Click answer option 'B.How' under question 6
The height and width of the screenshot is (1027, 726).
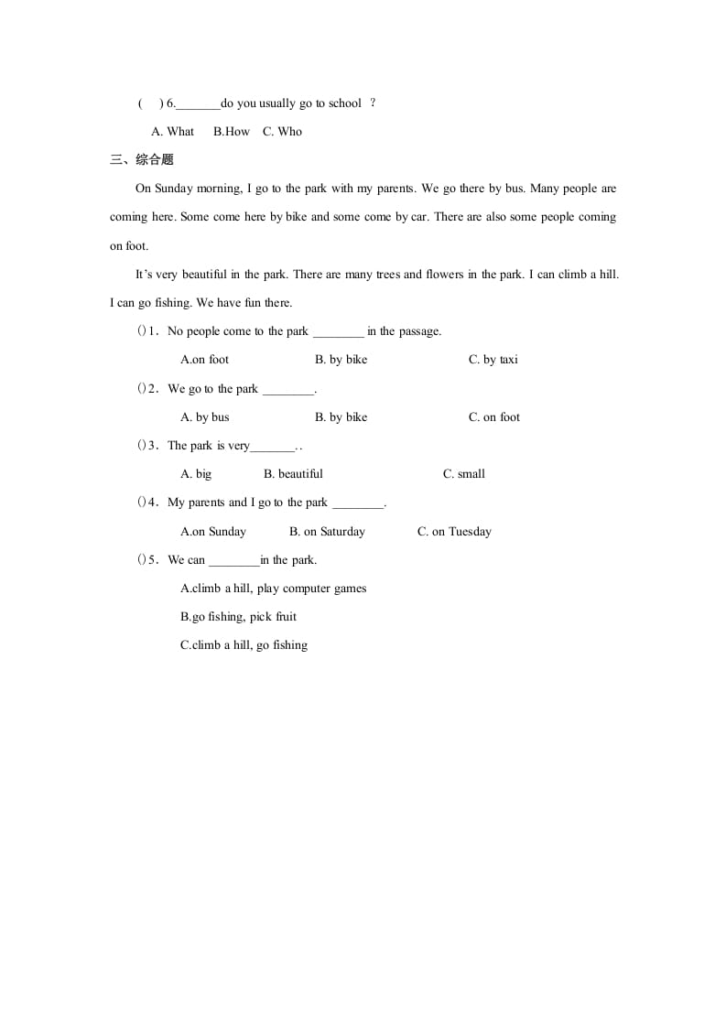231,132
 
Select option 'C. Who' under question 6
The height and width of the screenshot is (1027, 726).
282,132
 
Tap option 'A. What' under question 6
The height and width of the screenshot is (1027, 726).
173,132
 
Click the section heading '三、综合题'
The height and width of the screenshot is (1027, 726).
141,160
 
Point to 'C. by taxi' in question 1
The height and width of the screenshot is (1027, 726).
493,360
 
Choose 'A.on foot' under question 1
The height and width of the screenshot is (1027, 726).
205,360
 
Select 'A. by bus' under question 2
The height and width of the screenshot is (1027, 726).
205,417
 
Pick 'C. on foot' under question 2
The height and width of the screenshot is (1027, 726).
493,417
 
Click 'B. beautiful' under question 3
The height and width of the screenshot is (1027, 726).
293,474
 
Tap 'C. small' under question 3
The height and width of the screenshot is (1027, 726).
463,474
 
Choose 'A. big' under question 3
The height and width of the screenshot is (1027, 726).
196,474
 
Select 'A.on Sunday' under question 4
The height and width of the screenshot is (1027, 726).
213,532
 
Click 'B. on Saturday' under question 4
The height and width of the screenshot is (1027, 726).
327,532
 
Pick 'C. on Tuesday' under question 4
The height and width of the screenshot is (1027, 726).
454,532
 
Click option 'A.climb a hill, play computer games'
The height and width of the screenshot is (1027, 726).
273,589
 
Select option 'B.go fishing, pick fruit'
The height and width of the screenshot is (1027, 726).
238,617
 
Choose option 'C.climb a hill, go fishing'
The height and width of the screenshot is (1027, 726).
244,645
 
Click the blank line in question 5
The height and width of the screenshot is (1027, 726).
234,561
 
